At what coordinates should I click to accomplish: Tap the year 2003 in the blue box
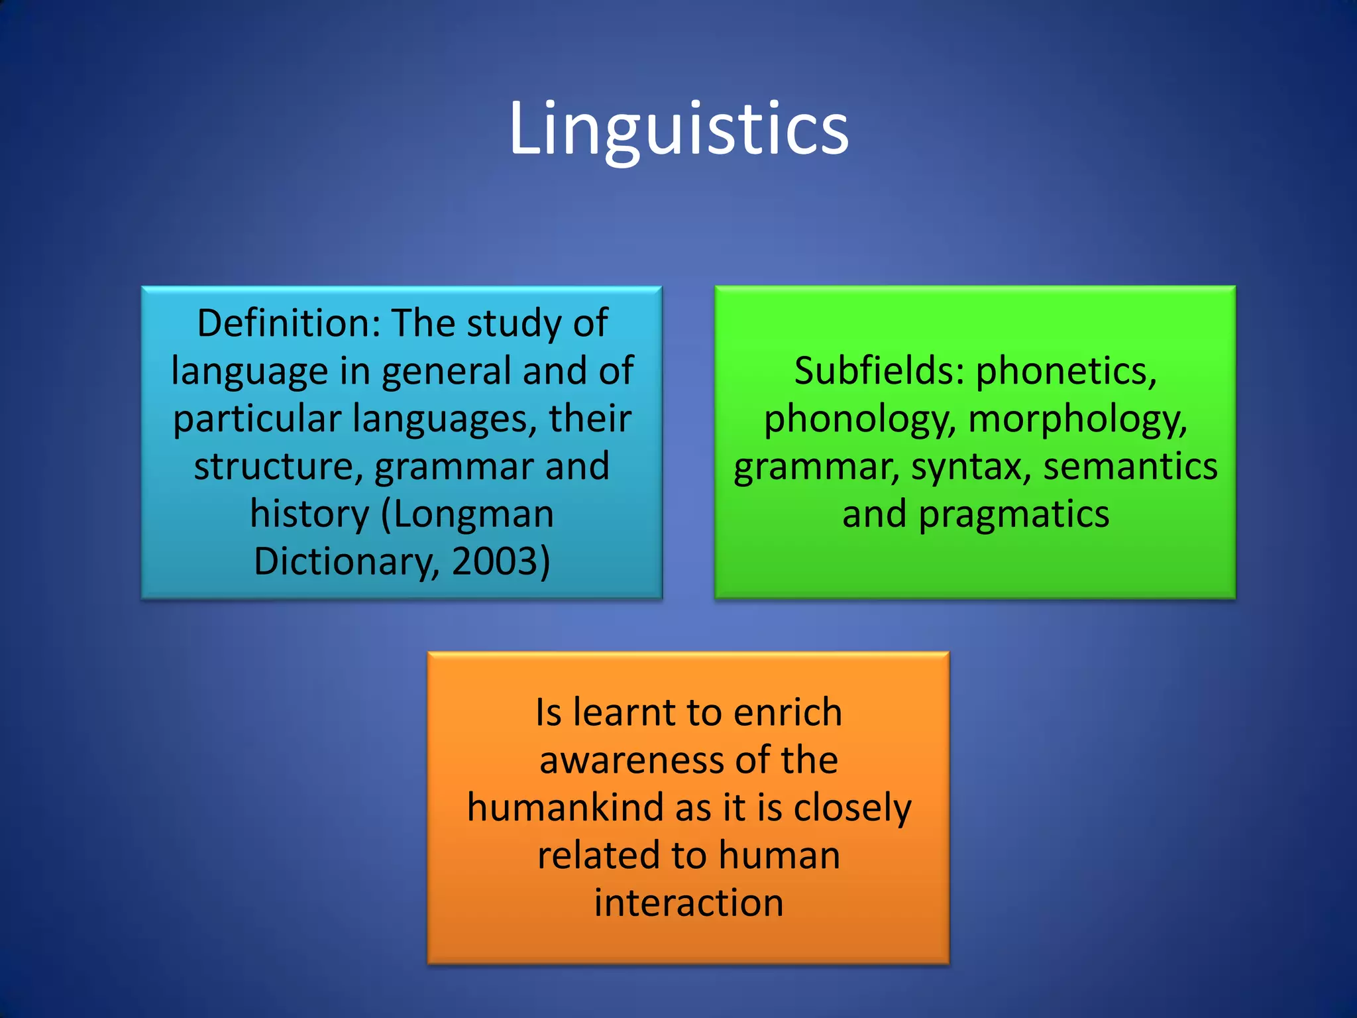point(494,561)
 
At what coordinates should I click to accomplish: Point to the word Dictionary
point(345,561)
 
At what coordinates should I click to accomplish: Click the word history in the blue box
point(309,514)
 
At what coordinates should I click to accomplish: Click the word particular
point(256,419)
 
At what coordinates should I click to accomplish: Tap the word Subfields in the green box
point(879,370)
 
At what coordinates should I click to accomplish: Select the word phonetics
point(1066,372)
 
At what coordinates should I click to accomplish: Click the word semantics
point(1130,467)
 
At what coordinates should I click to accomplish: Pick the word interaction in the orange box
point(688,903)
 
